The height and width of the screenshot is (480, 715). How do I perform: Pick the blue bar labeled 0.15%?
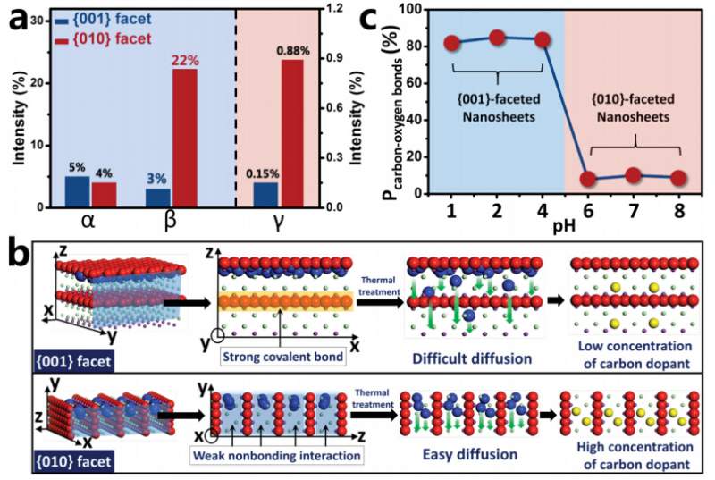click(x=266, y=195)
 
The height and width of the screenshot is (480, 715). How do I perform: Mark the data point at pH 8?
click(x=677, y=178)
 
